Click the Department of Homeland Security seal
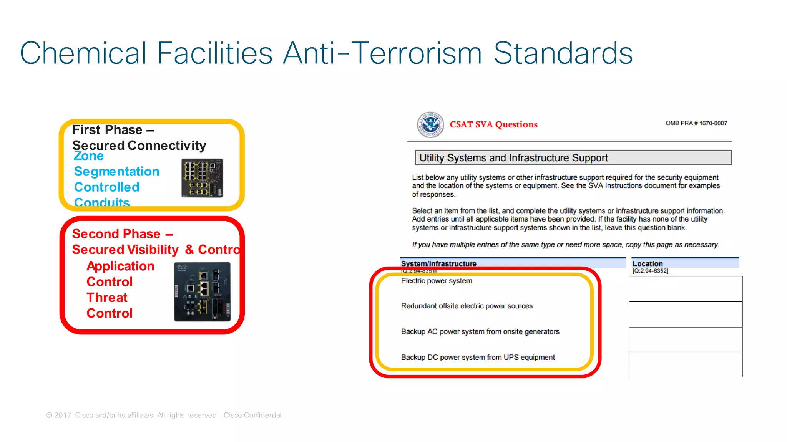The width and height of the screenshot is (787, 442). tap(430, 124)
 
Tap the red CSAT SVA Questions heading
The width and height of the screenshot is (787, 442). tap(493, 124)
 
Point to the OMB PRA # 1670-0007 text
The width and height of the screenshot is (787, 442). tap(696, 123)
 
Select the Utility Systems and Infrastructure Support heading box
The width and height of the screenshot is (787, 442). tap(573, 157)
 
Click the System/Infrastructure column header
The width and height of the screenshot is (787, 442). tap(438, 263)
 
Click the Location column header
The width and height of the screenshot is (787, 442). tap(648, 263)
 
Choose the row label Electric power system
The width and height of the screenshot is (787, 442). tap(437, 281)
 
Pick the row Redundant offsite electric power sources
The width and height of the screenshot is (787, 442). tap(467, 306)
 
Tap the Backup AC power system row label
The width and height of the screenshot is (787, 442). tap(480, 331)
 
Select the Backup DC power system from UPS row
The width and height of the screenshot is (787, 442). tap(478, 357)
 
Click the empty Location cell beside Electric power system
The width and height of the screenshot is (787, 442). tap(685, 289)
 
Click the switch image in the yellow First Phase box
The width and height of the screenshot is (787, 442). tap(202, 178)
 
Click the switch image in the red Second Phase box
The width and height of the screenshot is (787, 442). tap(202, 292)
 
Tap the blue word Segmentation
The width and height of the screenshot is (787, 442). tap(116, 171)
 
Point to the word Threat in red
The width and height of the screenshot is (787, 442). tap(107, 298)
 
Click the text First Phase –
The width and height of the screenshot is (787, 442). tap(113, 130)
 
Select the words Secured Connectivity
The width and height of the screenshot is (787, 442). tap(139, 146)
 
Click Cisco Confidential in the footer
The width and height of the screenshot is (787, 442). tap(252, 415)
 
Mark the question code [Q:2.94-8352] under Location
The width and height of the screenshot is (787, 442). tap(650, 271)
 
